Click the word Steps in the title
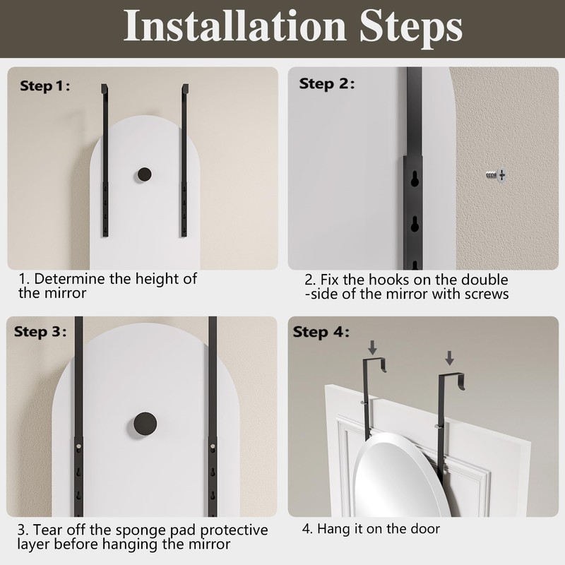[x=411, y=29]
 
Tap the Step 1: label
[x=44, y=86]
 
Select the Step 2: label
[x=326, y=84]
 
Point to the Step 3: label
[x=40, y=331]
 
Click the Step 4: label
[x=321, y=332]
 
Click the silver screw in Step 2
[x=496, y=175]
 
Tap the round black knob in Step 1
[x=144, y=174]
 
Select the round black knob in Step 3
[x=145, y=424]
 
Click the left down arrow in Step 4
[x=373, y=347]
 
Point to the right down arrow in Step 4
[x=449, y=358]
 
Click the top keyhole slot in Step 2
[x=415, y=179]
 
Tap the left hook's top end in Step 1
[x=104, y=88]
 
